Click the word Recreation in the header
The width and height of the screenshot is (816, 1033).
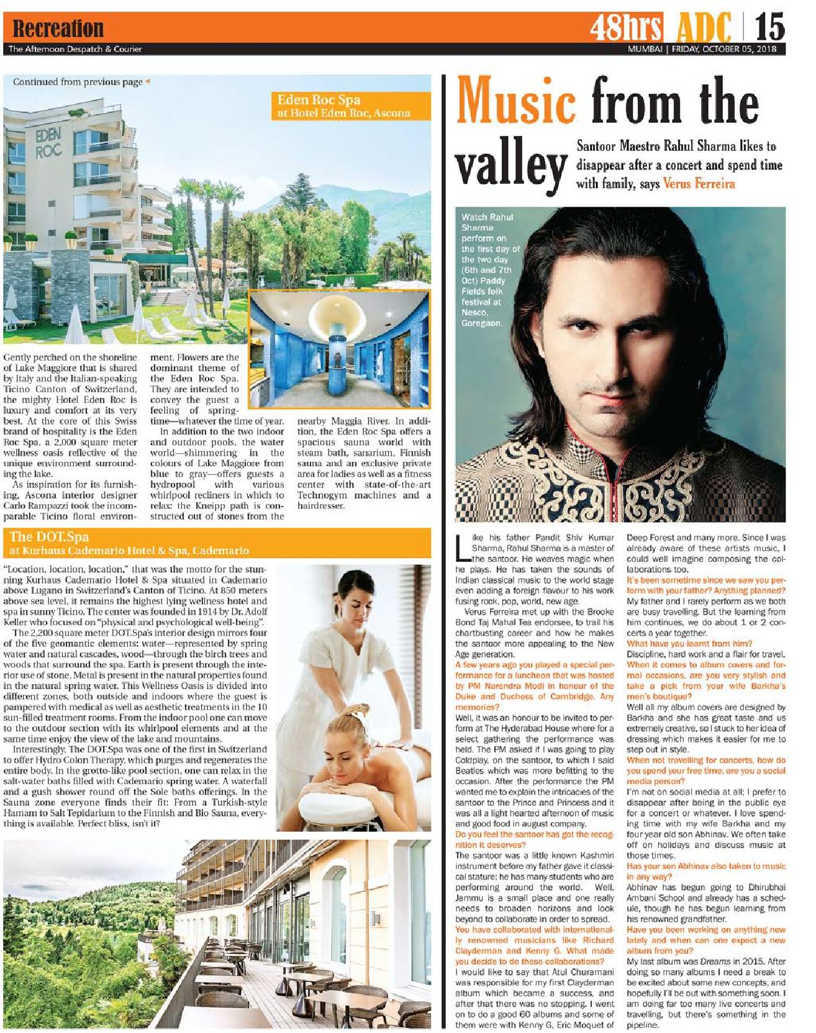58,29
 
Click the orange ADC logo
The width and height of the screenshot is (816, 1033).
704,29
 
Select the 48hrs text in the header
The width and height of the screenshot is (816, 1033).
626,28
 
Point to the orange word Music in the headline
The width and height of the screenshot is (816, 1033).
516,101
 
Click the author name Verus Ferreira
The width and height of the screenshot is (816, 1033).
699,184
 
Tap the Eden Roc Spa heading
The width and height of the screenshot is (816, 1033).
318,99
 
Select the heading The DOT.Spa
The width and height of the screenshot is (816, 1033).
49,537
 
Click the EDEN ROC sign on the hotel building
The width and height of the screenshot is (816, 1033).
48,143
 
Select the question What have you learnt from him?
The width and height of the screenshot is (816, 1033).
689,644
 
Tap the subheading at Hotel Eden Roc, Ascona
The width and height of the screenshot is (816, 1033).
343,113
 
